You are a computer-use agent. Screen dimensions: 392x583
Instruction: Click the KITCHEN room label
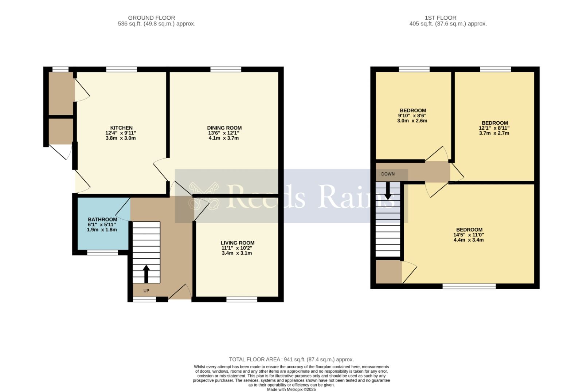[121, 128]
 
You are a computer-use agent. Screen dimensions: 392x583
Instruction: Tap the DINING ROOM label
[224, 128]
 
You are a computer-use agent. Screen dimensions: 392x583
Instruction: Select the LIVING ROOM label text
[237, 243]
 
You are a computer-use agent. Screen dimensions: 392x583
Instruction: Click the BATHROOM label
[102, 220]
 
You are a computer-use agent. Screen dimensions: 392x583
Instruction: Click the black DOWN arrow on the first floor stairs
[388, 190]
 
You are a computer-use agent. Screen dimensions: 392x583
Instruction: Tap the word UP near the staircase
[146, 291]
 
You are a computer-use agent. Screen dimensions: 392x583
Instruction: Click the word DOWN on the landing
[388, 174]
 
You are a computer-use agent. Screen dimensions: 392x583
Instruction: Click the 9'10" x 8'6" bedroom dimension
[412, 115]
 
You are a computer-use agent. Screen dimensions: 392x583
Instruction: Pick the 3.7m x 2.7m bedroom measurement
[494, 133]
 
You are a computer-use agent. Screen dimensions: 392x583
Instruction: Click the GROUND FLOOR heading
[151, 17]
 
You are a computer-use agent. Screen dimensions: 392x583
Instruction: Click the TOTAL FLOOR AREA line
[291, 360]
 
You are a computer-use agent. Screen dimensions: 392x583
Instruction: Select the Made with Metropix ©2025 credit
[291, 389]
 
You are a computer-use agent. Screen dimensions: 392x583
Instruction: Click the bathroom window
[102, 252]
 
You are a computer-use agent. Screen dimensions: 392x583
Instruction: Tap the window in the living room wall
[242, 299]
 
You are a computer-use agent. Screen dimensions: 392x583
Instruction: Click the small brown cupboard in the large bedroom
[388, 272]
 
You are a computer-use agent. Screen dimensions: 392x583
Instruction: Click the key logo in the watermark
[203, 196]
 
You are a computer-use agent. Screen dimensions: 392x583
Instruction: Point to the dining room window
[226, 69]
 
